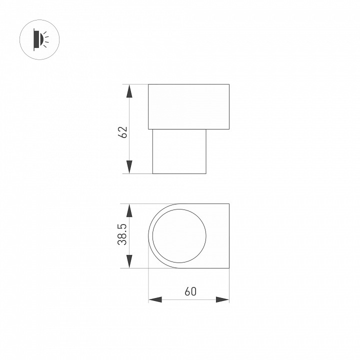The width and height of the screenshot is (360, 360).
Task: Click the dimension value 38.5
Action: (x=123, y=234)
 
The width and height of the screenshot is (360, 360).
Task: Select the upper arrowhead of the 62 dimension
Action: (x=129, y=91)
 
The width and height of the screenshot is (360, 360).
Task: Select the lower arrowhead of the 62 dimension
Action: (x=129, y=167)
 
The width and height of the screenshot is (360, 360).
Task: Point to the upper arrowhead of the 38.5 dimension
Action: (x=129, y=210)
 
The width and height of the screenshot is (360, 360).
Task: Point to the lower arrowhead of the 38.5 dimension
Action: (x=129, y=261)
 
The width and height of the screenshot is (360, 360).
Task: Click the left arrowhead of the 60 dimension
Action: (x=155, y=299)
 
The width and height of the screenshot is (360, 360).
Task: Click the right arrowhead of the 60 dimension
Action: (x=222, y=299)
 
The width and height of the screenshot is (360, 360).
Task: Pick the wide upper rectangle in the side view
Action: (x=188, y=106)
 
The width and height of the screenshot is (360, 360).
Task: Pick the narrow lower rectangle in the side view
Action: (x=179, y=151)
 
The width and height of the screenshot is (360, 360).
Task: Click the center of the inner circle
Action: (x=179, y=236)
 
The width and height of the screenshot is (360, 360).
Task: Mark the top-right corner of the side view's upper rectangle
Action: (x=229, y=84)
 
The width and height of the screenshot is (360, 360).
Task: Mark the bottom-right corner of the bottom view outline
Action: (x=229, y=268)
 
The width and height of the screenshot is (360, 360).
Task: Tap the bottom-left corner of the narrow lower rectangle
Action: (x=152, y=173)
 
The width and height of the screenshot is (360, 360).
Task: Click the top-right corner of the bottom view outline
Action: (x=229, y=204)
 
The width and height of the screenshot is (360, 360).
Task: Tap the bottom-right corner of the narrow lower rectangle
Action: (x=206, y=173)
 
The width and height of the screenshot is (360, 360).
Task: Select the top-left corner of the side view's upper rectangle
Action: (x=148, y=84)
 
